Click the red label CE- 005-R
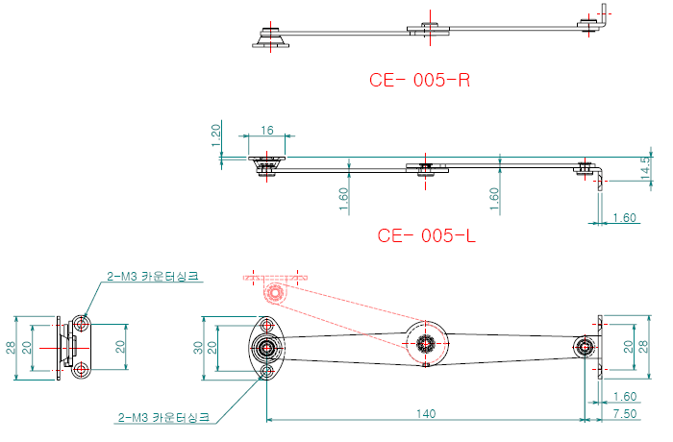(x=419, y=80)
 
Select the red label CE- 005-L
(x=427, y=235)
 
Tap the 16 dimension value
(x=267, y=129)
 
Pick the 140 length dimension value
(x=427, y=413)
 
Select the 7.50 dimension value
(x=625, y=413)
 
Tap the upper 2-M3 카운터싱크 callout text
(x=154, y=276)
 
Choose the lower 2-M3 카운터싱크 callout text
(x=162, y=418)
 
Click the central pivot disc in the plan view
(x=426, y=344)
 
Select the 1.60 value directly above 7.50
(x=624, y=396)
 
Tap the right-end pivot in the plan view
(x=585, y=347)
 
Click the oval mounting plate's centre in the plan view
(x=266, y=347)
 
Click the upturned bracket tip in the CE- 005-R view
(x=603, y=12)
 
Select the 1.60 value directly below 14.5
(x=625, y=218)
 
